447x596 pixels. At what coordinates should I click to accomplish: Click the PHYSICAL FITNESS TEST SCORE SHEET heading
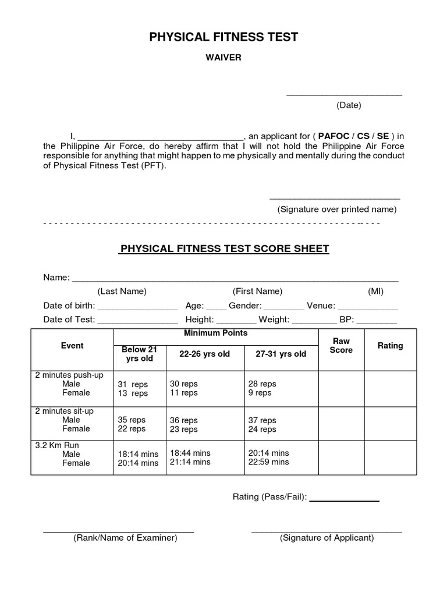pyautogui.click(x=224, y=249)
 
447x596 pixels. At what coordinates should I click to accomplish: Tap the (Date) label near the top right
pyautogui.click(x=349, y=105)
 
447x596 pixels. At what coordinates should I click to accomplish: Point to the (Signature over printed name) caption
pyautogui.click(x=337, y=210)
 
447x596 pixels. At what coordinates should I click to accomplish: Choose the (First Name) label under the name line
pyautogui.click(x=257, y=291)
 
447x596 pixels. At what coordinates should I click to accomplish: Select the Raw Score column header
pyautogui.click(x=341, y=345)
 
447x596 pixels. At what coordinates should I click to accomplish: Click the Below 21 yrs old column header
pyautogui.click(x=140, y=354)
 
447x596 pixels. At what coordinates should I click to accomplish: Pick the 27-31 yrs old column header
pyautogui.click(x=281, y=354)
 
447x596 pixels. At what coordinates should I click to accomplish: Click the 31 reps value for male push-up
pyautogui.click(x=133, y=384)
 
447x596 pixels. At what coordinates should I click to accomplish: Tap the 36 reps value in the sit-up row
pyautogui.click(x=183, y=420)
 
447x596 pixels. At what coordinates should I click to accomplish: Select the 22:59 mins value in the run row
pyautogui.click(x=268, y=462)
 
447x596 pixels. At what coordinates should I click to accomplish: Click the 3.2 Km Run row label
pyautogui.click(x=56, y=445)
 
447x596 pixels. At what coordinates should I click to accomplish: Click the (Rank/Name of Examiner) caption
pyautogui.click(x=125, y=538)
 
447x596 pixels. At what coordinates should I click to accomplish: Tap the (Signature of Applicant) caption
pyautogui.click(x=327, y=538)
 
